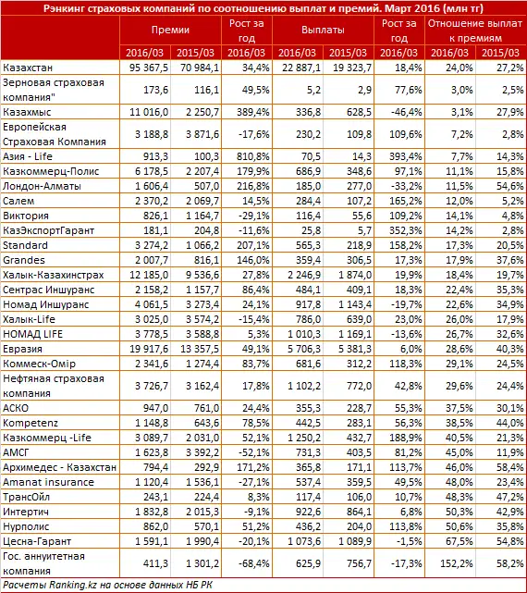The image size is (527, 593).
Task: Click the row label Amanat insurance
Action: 43,481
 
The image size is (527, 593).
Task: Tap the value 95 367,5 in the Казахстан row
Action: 150,68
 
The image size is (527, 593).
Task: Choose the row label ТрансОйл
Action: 28,495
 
